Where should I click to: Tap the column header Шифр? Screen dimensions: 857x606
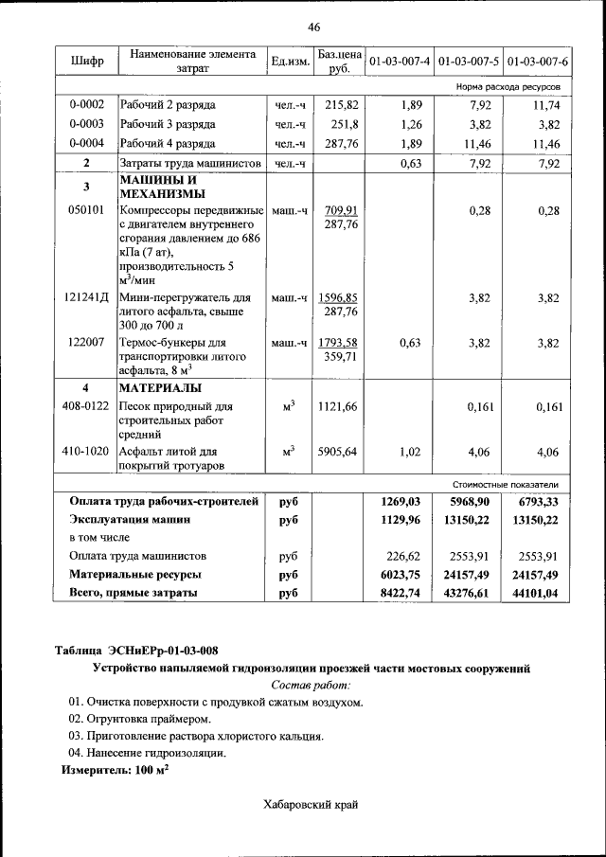(85, 62)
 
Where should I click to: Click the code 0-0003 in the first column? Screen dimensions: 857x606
(86, 124)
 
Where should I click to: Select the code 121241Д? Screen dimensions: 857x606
(86, 297)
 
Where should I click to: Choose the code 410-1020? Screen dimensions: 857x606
(86, 452)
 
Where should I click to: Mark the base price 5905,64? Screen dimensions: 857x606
(338, 452)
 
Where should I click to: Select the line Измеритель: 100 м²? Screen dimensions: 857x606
(115, 771)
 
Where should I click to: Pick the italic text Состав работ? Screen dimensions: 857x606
(311, 684)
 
